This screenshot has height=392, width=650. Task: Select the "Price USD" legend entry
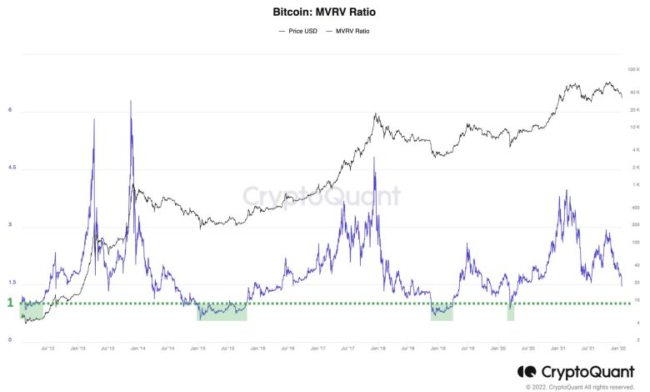297,31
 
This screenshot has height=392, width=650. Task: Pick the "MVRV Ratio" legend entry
351,31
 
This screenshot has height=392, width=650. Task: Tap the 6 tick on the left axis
10,109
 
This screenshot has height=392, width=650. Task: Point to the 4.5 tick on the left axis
11,168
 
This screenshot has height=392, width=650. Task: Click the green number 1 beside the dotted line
11,303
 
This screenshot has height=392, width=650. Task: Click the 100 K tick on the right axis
634,69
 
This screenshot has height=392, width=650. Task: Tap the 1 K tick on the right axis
635,184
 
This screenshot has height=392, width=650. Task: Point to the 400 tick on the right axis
635,208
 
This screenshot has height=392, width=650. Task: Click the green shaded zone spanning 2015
222,311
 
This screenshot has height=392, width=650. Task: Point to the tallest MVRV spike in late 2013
131,103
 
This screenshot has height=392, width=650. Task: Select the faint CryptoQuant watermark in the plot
321,197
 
